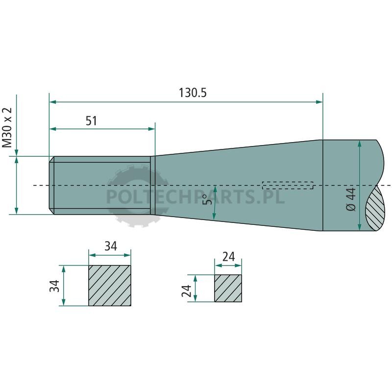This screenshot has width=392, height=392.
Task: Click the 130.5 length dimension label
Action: [193, 93]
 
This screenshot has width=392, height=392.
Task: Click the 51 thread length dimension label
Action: [91, 121]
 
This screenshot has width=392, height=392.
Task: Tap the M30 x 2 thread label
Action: [7, 128]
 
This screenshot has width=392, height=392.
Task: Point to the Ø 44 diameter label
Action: [351, 199]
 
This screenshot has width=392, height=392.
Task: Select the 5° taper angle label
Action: [208, 199]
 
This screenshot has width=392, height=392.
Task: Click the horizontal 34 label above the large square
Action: [111, 246]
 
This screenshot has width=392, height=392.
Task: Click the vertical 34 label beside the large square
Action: [54, 286]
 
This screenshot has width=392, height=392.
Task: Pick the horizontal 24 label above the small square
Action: [228, 257]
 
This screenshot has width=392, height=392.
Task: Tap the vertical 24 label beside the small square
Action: [187, 291]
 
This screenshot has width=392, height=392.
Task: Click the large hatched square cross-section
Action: [110, 286]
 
